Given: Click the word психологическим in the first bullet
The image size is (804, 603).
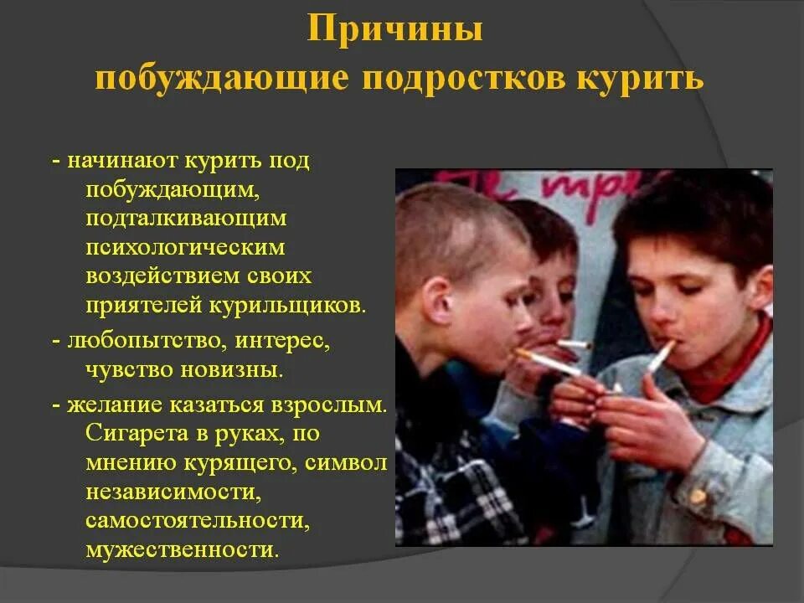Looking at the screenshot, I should click(x=185, y=247).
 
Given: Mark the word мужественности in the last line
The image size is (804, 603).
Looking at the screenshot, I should click(x=180, y=549).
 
